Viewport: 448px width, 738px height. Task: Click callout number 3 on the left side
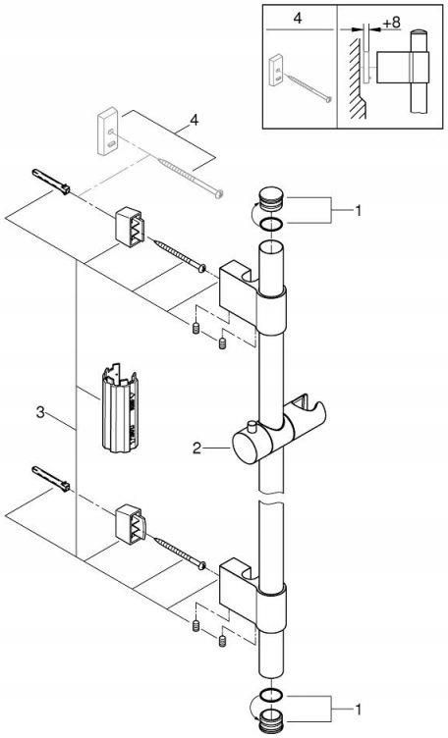[x=40, y=413]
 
